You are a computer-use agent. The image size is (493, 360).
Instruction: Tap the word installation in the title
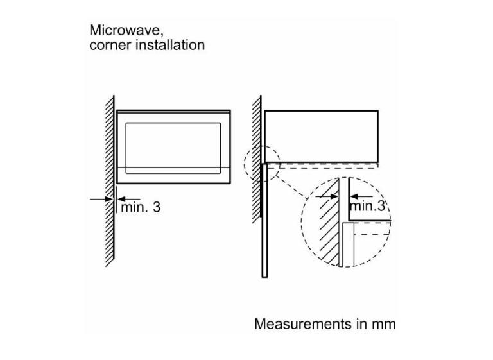[x=170, y=45]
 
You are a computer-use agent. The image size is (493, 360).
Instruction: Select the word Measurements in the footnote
[x=303, y=324]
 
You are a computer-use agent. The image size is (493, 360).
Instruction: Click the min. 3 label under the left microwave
[x=141, y=207]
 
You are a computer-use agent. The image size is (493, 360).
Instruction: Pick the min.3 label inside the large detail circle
[x=367, y=206]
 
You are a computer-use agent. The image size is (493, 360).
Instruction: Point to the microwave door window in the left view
[x=173, y=148]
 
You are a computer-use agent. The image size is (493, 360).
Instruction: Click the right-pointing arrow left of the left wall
[x=101, y=199]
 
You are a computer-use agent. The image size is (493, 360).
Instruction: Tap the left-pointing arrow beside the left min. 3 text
[x=128, y=199]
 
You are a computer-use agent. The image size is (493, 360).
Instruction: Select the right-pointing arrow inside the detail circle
[x=327, y=197]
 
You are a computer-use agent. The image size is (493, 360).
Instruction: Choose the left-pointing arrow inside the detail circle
[x=361, y=197]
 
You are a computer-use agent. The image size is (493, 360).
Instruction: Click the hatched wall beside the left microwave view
[x=110, y=181]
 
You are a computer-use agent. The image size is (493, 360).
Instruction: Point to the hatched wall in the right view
[x=257, y=159]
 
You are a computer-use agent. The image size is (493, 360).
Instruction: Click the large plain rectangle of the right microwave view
[x=322, y=137]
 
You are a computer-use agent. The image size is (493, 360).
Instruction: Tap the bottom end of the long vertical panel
[x=264, y=277]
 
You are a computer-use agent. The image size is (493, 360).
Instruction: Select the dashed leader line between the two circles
[x=291, y=188]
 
